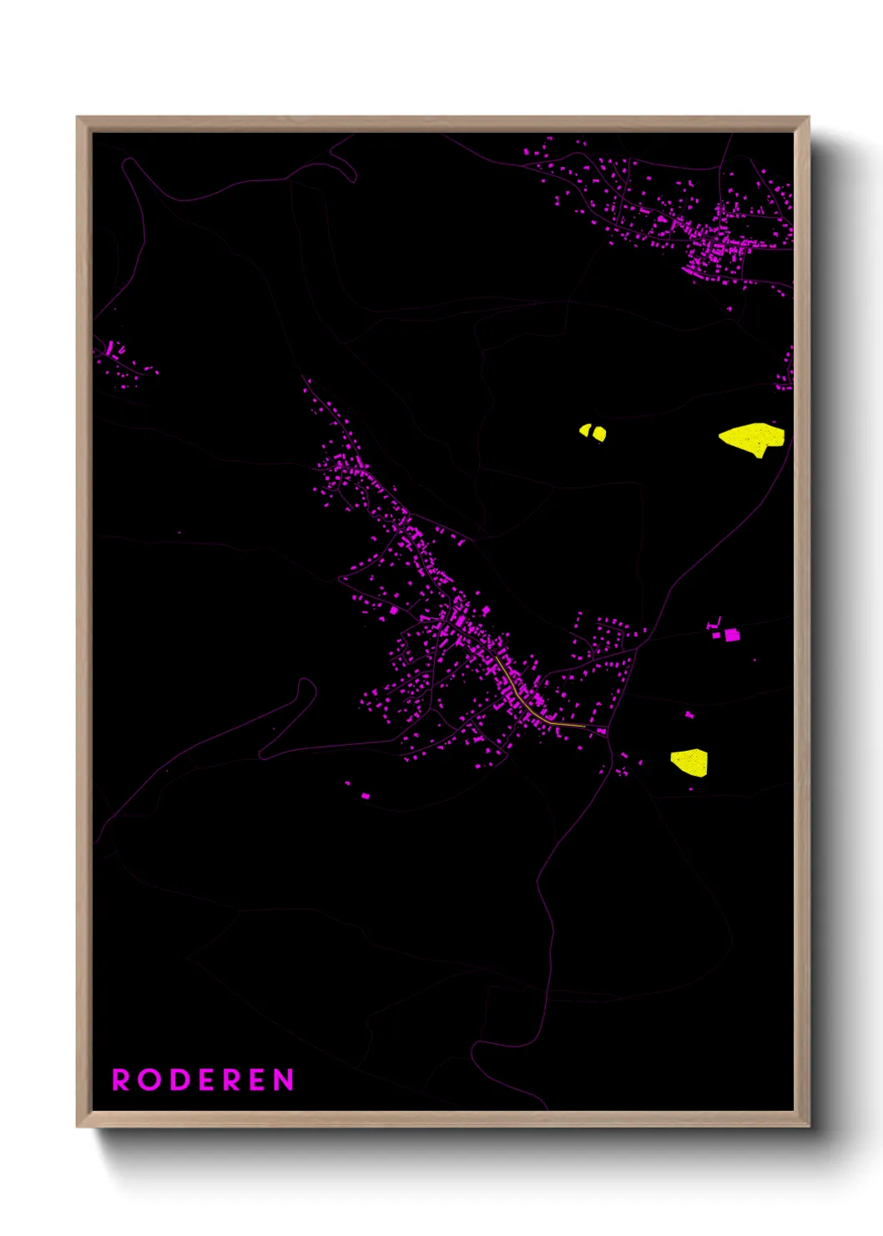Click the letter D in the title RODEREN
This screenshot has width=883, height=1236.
coord(177,1080)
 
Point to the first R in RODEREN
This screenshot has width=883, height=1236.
coord(121,1080)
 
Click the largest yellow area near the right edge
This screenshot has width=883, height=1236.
coord(752,438)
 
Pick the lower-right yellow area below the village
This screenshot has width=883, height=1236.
coord(690,762)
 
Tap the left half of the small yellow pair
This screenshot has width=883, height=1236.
coord(586,431)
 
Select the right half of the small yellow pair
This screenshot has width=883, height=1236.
coord(599,433)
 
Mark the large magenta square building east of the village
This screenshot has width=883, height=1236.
coord(732,635)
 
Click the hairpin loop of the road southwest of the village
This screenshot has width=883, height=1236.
coord(307,688)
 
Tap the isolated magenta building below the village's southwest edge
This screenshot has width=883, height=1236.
coord(365,796)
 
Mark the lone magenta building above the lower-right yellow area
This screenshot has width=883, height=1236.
coord(689,715)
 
